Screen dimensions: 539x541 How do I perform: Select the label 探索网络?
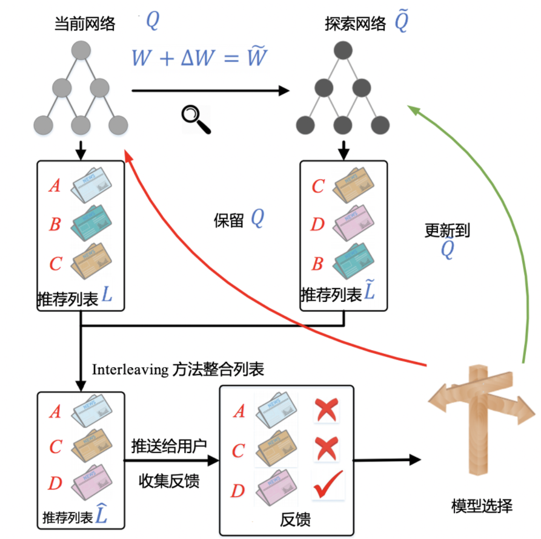point(354,24)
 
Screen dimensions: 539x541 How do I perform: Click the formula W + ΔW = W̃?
point(199,58)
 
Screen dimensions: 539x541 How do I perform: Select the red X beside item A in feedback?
point(327,411)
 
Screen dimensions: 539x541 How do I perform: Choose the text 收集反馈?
point(169,482)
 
